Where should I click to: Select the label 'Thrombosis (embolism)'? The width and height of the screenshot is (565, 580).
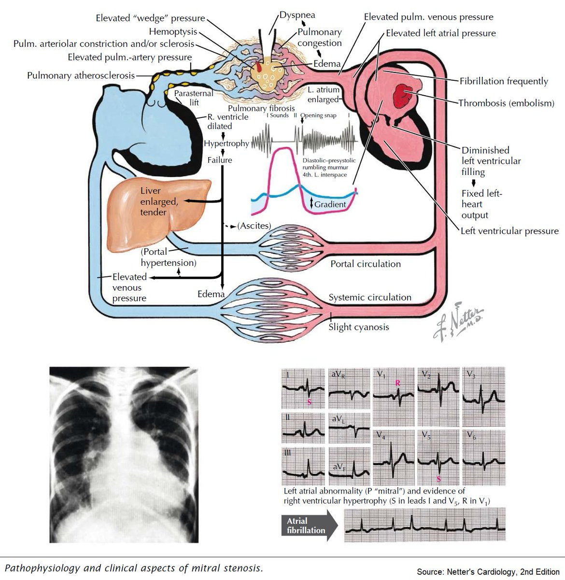pos(506,103)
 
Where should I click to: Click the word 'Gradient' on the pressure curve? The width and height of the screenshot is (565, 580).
pos(330,204)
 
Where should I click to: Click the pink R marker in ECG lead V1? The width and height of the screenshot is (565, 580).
pos(397,383)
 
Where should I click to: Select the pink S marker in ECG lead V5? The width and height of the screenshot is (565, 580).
pos(438,479)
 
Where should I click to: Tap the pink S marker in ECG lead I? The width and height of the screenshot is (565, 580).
pos(309,402)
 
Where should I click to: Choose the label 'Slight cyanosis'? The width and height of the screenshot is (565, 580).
pos(359,327)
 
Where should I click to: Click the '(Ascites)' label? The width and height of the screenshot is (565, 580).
pos(254,226)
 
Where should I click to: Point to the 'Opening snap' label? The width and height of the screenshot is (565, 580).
pos(318,116)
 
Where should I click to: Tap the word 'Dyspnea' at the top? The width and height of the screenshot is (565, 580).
pos(297,15)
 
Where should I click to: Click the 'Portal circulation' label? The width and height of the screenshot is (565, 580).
pos(366,264)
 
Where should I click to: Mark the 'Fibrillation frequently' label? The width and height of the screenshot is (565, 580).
pos(504,81)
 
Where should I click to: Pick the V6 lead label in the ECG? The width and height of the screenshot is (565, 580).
pos(471,435)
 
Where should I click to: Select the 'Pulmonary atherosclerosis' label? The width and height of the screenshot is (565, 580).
pos(81,75)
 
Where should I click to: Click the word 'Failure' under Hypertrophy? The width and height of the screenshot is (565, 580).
pos(220,160)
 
